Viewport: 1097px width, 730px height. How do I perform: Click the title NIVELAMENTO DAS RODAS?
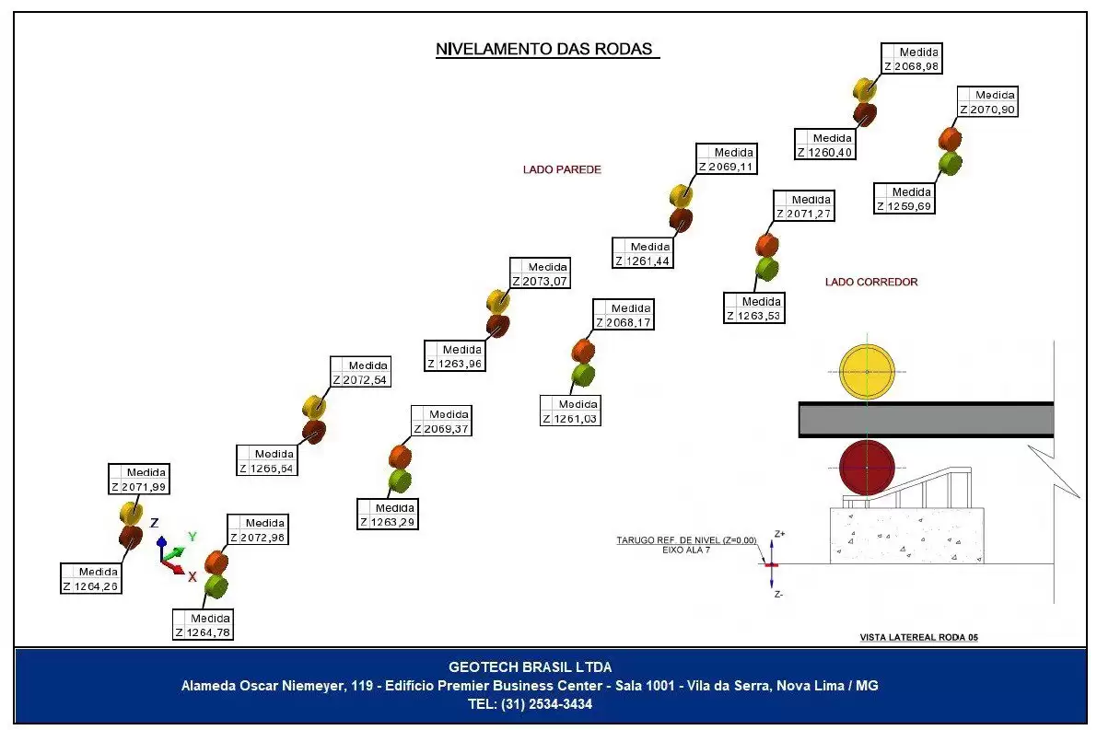[544, 49]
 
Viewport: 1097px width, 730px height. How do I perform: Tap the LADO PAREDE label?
[562, 169]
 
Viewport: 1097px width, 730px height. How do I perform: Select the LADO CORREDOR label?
[871, 282]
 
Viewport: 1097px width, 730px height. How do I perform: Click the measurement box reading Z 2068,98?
[911, 59]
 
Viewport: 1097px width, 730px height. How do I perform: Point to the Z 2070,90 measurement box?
[987, 102]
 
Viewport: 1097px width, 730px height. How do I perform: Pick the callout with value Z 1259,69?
[904, 199]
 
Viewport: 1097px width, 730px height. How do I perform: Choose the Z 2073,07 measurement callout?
[540, 273]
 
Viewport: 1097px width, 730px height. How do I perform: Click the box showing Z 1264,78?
[203, 625]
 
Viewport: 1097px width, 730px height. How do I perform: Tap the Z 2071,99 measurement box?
[138, 479]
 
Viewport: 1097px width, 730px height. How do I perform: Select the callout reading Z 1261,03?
[570, 411]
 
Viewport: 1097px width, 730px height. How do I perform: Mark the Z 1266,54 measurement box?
[266, 461]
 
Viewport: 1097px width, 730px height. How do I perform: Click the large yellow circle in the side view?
[867, 372]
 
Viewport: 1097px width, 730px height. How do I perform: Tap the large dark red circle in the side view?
[867, 467]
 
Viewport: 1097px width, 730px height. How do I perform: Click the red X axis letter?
[192, 577]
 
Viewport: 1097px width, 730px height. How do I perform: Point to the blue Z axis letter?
[155, 523]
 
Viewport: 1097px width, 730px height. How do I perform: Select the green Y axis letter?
[193, 537]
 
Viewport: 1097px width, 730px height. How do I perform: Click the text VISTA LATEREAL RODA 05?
[918, 637]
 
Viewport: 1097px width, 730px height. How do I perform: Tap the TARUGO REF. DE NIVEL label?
[686, 540]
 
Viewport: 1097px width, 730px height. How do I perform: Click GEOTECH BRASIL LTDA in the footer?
[531, 667]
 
